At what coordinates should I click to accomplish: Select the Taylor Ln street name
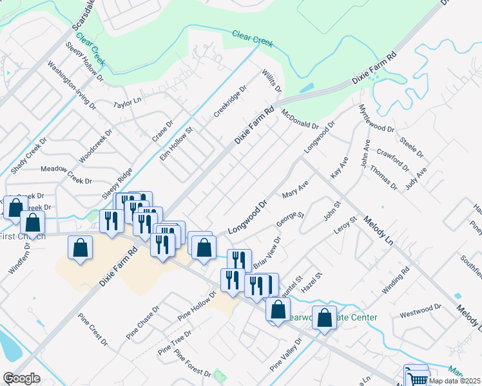click(x=127, y=103)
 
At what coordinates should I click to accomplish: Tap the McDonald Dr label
click(x=300, y=120)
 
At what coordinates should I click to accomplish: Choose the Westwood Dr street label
click(x=419, y=315)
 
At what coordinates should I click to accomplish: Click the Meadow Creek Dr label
click(x=67, y=175)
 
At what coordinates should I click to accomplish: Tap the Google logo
click(x=21, y=378)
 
